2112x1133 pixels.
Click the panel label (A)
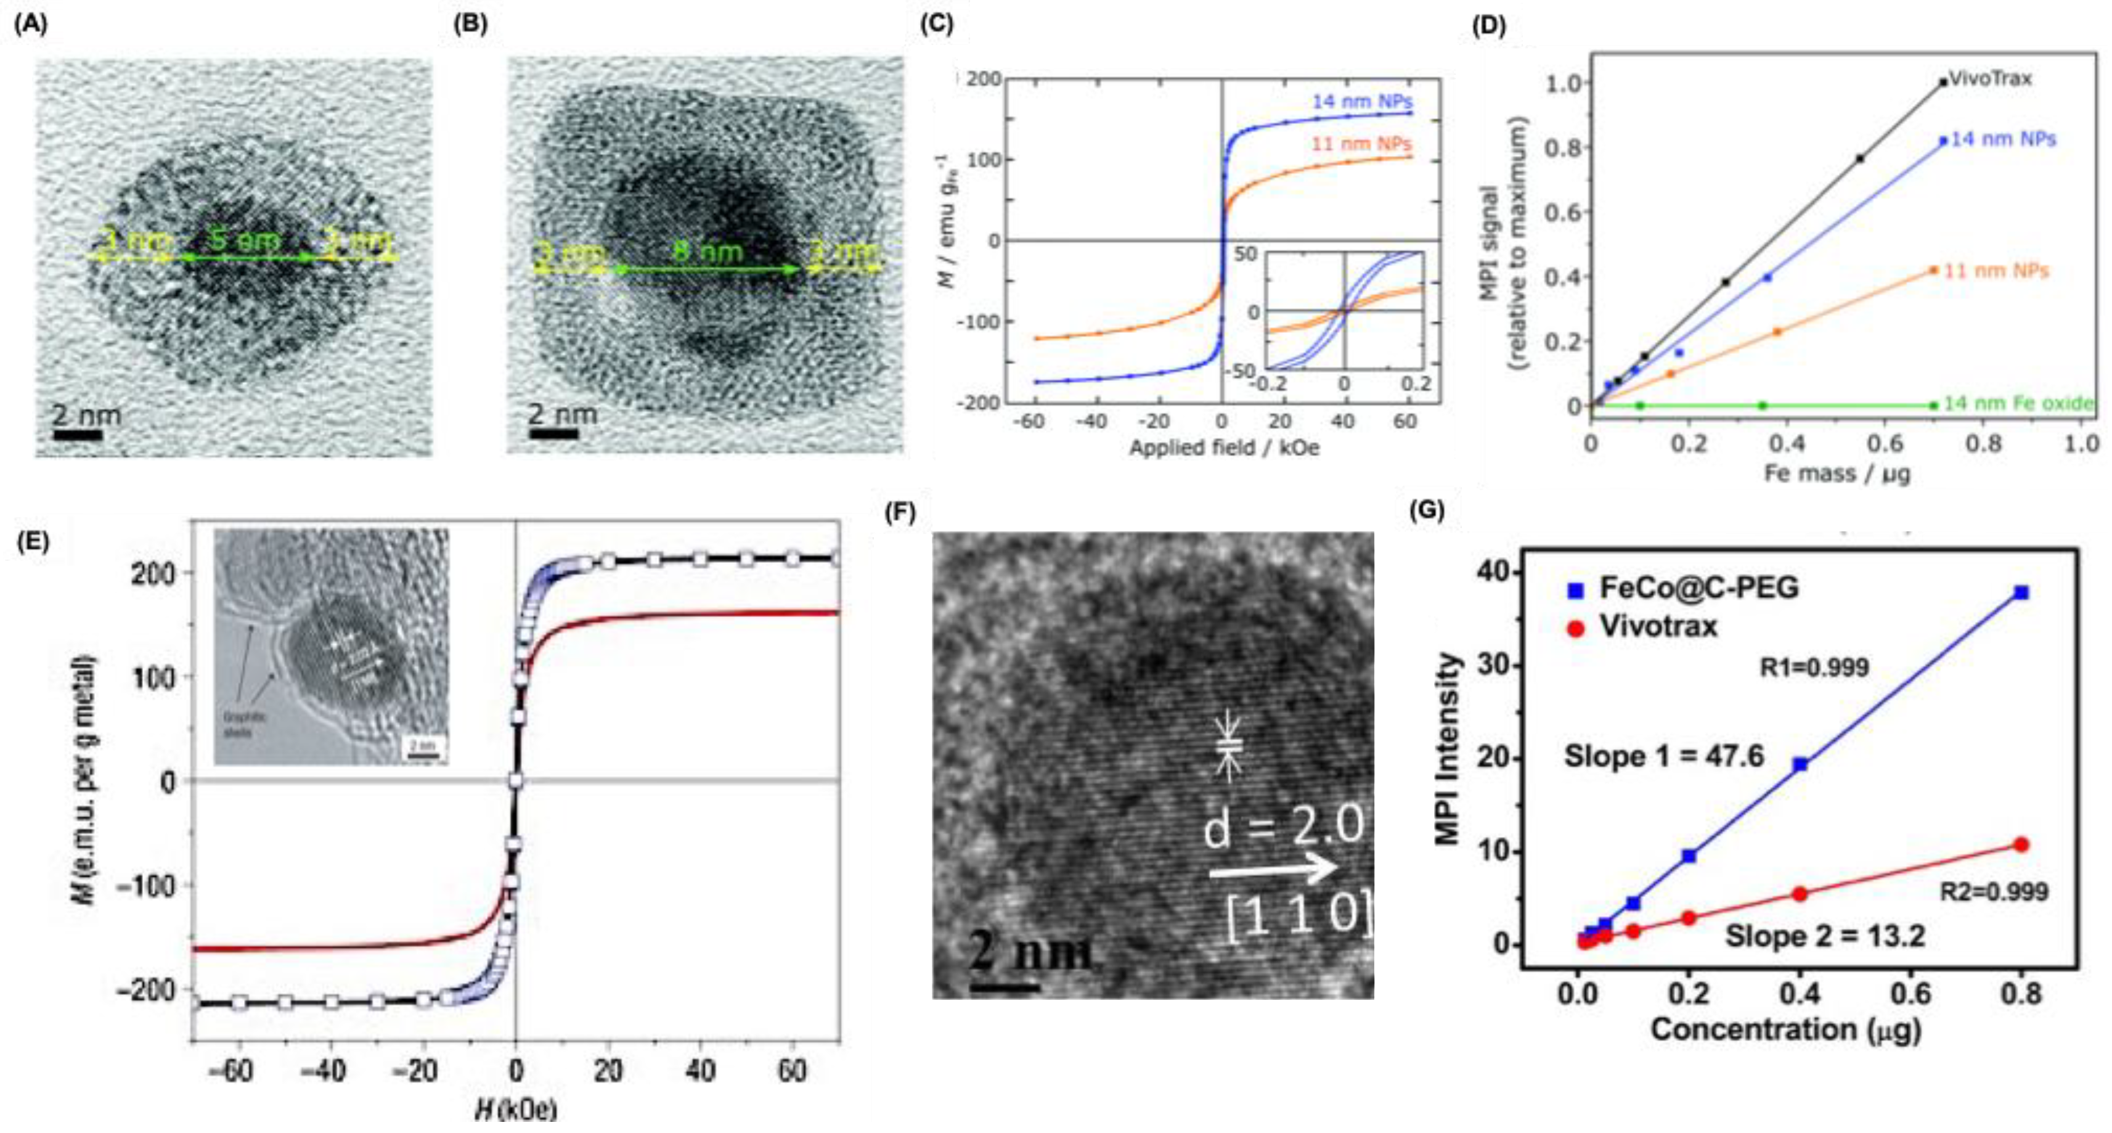(31, 24)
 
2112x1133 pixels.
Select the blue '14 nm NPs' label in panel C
(1362, 102)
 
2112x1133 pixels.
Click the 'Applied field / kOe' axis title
(1224, 448)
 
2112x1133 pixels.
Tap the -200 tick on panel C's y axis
(981, 403)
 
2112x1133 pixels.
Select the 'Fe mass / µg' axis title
(1837, 472)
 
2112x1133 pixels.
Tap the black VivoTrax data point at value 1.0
(1943, 82)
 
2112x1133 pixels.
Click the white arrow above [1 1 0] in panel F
(1273, 868)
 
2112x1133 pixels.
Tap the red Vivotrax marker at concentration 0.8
(2021, 845)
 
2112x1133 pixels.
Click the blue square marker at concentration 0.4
(1800, 764)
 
